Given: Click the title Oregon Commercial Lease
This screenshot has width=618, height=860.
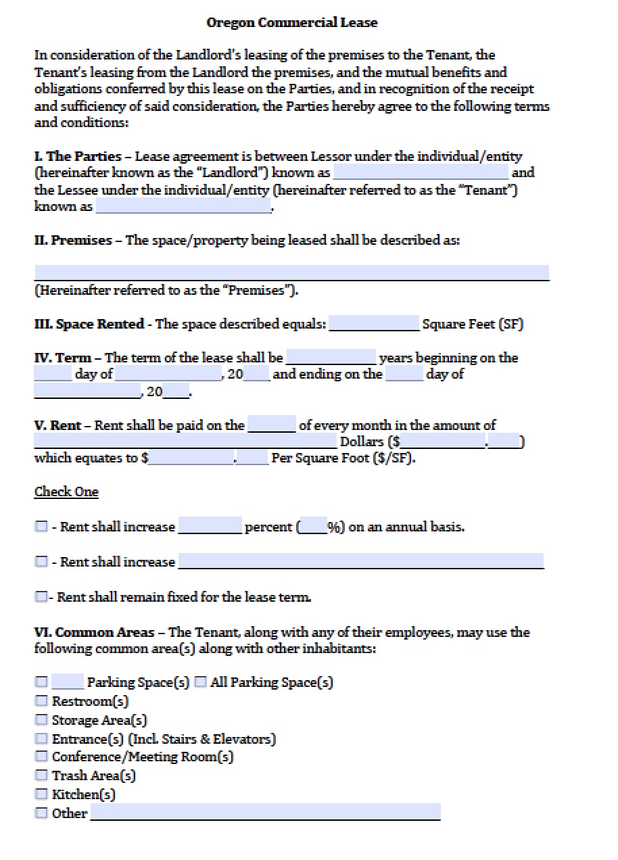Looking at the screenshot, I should click(x=291, y=23).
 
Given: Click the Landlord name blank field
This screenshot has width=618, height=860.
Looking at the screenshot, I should click(x=420, y=173).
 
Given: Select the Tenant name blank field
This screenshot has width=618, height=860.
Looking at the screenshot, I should click(x=183, y=206).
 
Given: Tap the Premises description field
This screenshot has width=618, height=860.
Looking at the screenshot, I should click(x=291, y=272).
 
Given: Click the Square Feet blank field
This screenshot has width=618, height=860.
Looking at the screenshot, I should click(x=374, y=324).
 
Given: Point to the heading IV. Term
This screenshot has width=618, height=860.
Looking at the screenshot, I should click(x=67, y=358).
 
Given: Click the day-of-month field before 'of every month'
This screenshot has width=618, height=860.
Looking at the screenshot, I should click(x=272, y=425).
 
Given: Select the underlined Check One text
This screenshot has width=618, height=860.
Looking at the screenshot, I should click(x=66, y=492).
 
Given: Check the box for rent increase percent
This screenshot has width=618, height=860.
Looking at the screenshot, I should click(x=42, y=527).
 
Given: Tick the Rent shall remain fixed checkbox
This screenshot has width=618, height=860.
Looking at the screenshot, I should click(x=42, y=597).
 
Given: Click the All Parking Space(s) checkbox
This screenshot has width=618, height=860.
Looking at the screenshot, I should click(x=200, y=682).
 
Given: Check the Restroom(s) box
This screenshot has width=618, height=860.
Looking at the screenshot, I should click(x=42, y=701).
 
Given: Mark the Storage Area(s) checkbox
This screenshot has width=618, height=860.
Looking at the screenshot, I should click(x=42, y=720).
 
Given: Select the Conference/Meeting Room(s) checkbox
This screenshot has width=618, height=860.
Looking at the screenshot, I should click(x=42, y=757).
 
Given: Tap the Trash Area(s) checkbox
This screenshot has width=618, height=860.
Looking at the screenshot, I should click(x=42, y=775).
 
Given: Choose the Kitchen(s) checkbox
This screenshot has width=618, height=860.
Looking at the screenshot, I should click(x=42, y=794).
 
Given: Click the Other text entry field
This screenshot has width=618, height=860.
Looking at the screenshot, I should click(x=265, y=812).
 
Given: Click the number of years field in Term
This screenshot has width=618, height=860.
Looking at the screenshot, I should click(x=331, y=357).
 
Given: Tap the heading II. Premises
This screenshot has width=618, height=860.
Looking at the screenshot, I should click(x=73, y=240).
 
